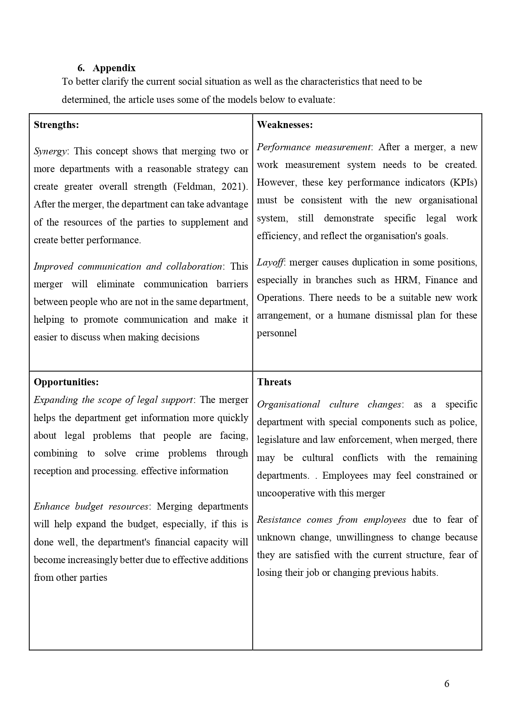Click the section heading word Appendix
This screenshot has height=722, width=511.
(x=114, y=68)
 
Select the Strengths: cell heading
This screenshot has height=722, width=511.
(x=56, y=125)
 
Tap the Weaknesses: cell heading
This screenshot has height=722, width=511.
(x=285, y=125)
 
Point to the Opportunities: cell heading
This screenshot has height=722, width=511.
(x=66, y=382)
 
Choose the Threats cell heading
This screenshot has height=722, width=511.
(x=274, y=382)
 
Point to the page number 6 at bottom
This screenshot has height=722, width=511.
(x=447, y=684)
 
